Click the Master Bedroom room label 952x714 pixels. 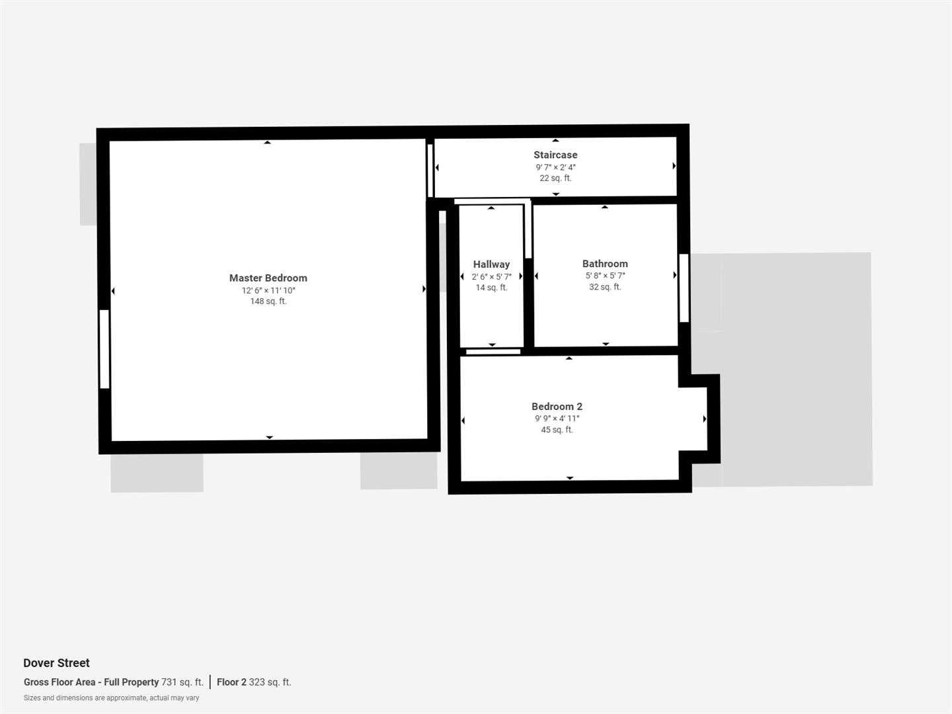(x=268, y=278)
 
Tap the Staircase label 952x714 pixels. (x=555, y=155)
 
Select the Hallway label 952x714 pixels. (x=491, y=264)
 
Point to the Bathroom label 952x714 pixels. (x=605, y=264)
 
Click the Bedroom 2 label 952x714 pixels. (x=557, y=407)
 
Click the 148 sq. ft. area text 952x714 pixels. (x=268, y=301)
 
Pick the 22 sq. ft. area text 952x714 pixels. (x=555, y=178)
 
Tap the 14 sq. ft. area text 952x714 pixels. (x=491, y=288)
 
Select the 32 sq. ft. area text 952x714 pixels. (x=605, y=287)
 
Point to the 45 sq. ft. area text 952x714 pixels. (x=557, y=430)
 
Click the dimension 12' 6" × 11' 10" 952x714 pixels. (x=268, y=290)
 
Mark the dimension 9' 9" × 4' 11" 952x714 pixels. (x=557, y=418)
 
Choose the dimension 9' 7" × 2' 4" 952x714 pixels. (x=555, y=167)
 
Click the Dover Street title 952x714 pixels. (x=56, y=663)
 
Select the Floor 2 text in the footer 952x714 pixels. (x=231, y=682)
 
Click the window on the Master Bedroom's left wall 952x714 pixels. (x=104, y=348)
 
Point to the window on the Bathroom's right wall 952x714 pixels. (x=684, y=288)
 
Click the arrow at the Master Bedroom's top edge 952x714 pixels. (x=267, y=142)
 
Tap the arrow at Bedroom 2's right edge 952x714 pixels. (x=705, y=419)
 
